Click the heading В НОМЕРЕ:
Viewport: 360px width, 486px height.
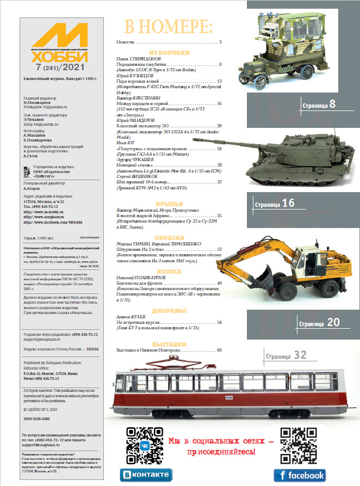[x=169, y=26]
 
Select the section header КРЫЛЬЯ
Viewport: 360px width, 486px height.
[x=169, y=204]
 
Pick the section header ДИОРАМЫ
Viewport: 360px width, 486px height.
[x=169, y=310]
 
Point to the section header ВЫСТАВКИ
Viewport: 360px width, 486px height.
[x=169, y=344]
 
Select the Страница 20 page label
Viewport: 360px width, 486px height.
[x=319, y=323]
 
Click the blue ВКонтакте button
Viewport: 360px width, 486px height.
[x=145, y=475]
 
